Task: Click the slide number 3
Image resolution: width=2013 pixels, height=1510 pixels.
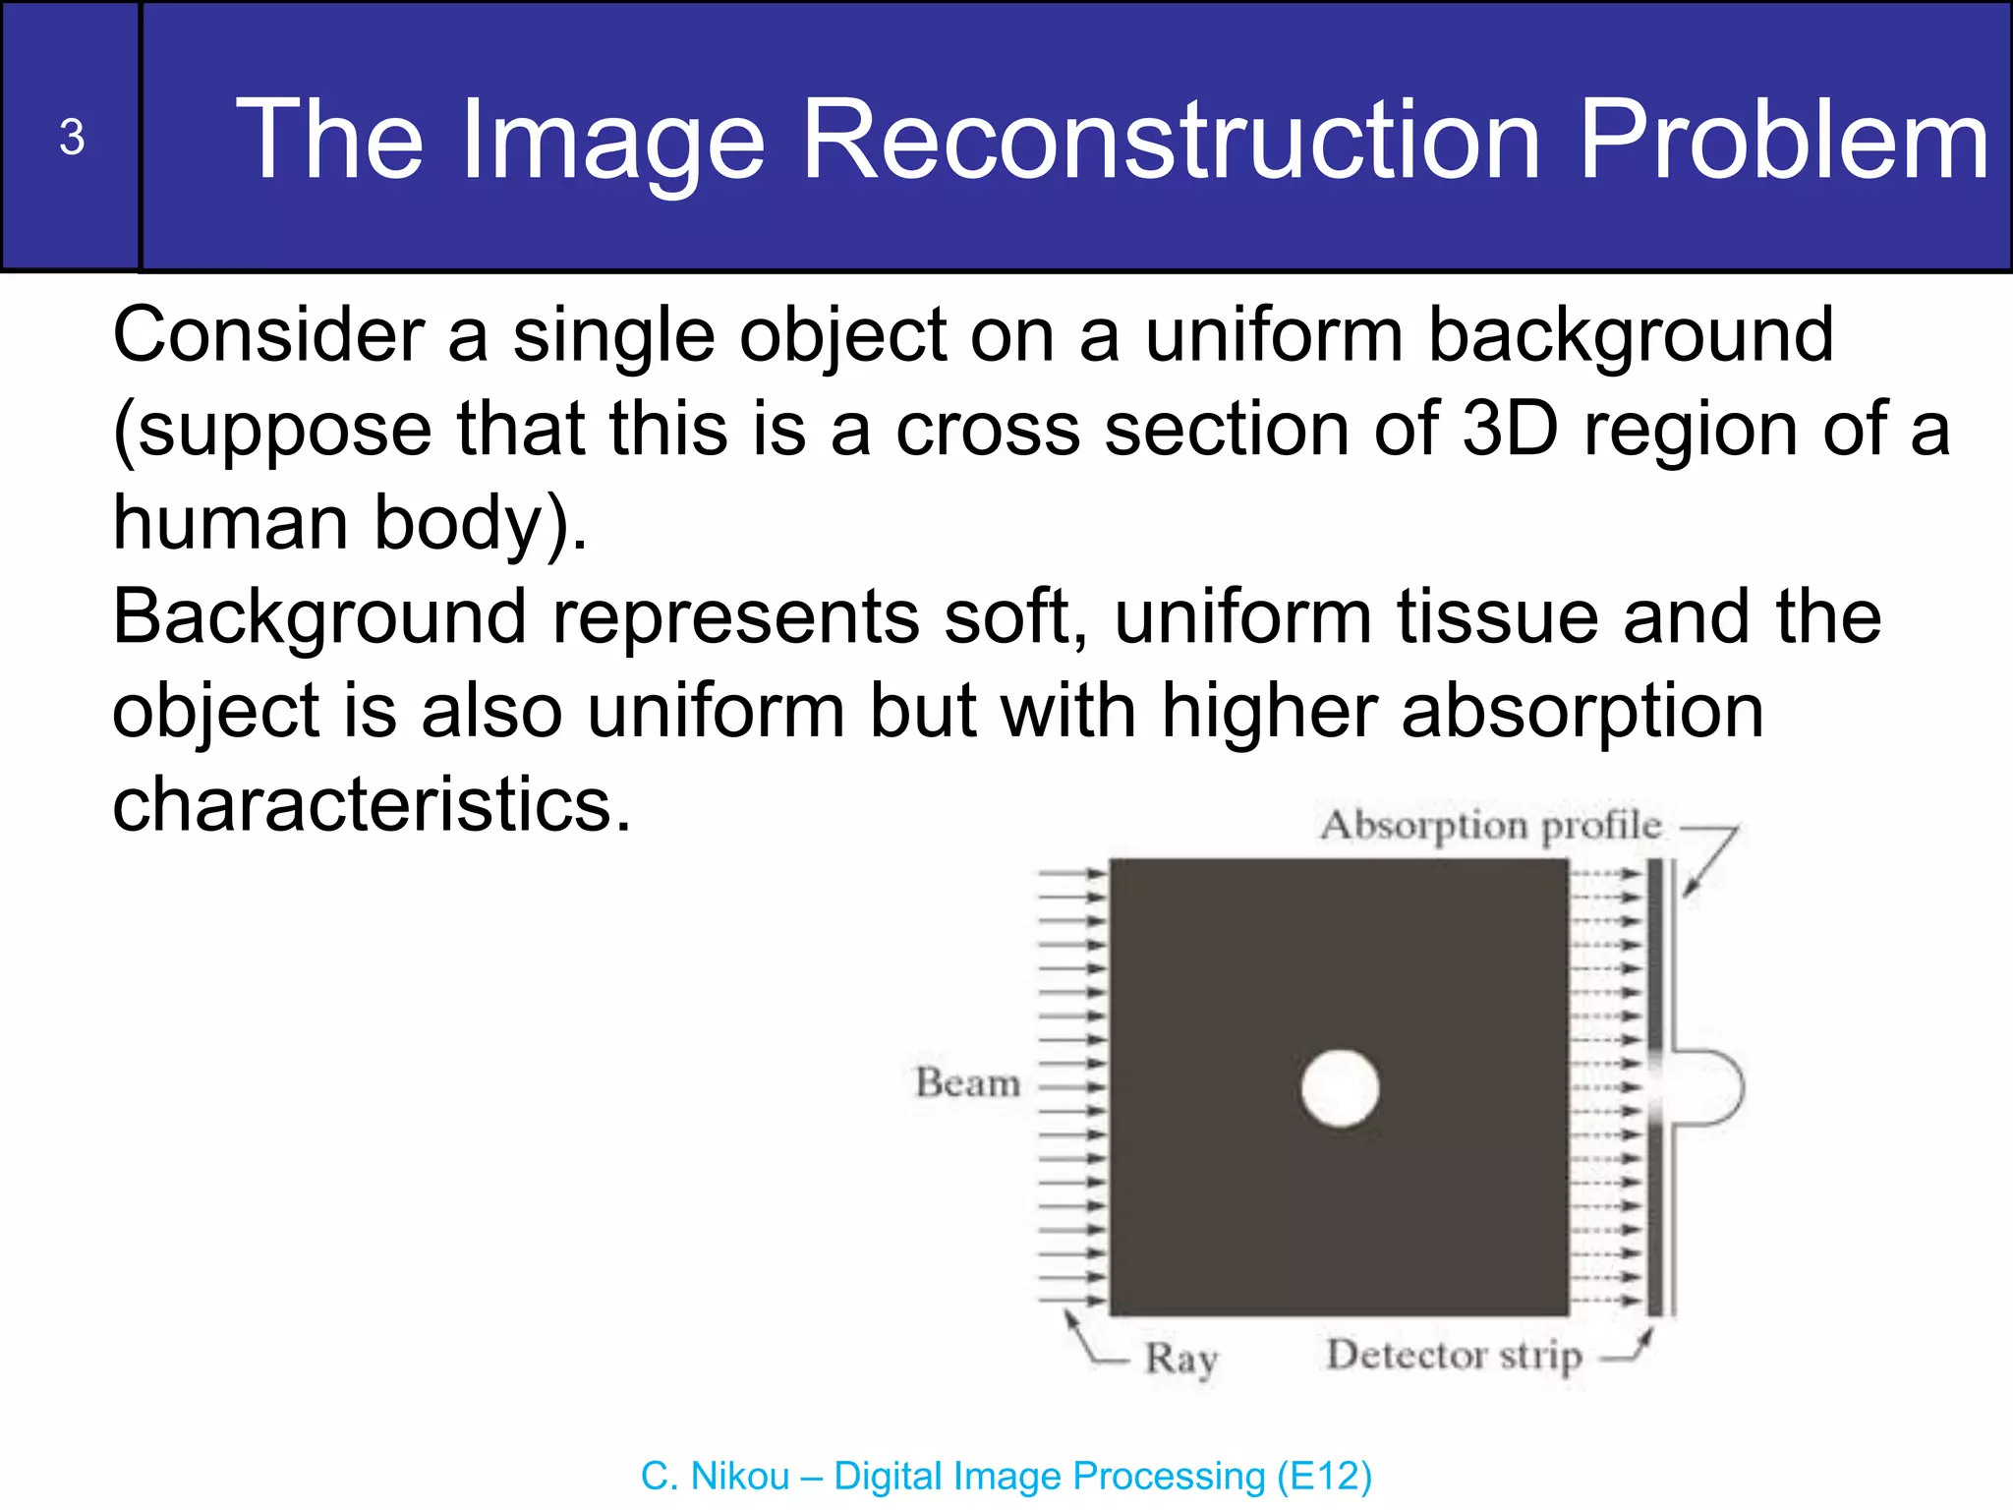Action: tap(71, 138)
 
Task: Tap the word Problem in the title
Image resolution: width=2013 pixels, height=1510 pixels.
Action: tap(1784, 140)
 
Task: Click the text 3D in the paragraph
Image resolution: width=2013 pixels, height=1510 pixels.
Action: tap(1511, 429)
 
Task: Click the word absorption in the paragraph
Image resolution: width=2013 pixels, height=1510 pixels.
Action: tap(1582, 712)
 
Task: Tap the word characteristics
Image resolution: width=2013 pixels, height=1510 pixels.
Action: tap(372, 804)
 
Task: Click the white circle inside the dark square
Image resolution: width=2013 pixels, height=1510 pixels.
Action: tap(1340, 1088)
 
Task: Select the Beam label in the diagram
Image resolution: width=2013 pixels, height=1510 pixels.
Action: tap(967, 1082)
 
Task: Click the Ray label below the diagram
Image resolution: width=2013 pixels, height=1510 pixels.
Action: tap(1180, 1360)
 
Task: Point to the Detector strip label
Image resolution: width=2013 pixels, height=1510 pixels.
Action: tap(1454, 1356)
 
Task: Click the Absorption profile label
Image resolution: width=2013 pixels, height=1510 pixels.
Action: tap(1490, 825)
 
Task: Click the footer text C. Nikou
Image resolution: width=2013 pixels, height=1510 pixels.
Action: tap(715, 1477)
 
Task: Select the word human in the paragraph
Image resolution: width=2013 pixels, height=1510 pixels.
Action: tap(230, 523)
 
